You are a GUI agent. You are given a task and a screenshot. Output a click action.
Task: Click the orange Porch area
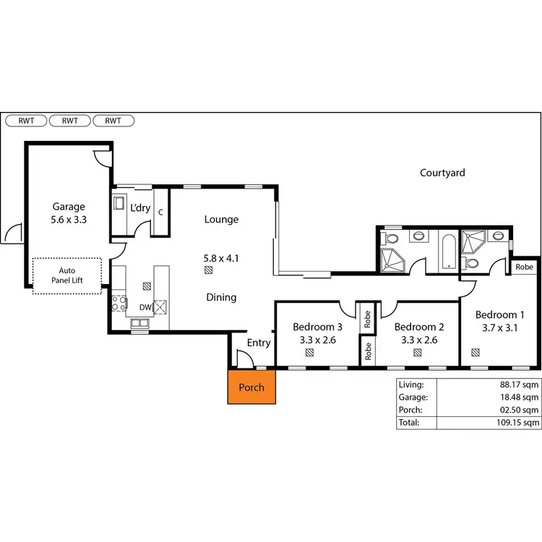(251, 387)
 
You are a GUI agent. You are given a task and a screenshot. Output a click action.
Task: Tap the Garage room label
(69, 206)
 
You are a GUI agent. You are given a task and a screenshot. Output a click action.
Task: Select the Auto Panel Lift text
(67, 275)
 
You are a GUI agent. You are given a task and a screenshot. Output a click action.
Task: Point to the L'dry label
(139, 208)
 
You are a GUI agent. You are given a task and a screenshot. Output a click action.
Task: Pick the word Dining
(220, 297)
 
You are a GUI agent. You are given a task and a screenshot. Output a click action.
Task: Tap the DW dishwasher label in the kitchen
(145, 307)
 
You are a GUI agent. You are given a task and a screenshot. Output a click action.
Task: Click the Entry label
(259, 343)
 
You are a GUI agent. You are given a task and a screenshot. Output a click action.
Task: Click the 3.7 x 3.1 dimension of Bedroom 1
(499, 327)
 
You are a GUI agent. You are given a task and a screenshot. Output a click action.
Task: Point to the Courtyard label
(442, 173)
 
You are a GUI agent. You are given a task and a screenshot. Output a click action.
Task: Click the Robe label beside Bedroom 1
(524, 267)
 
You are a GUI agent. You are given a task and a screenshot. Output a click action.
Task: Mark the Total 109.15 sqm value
(517, 422)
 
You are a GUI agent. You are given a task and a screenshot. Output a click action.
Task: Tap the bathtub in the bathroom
(448, 251)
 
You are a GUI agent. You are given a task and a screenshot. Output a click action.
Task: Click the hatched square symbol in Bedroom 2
(418, 353)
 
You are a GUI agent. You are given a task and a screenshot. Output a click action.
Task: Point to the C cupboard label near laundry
(160, 212)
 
